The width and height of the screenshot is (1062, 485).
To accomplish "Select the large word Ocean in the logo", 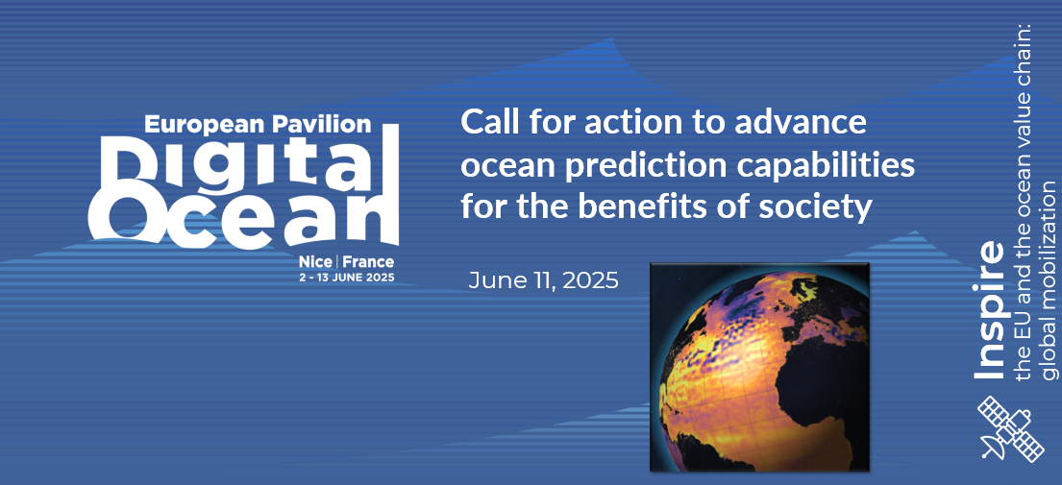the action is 244,216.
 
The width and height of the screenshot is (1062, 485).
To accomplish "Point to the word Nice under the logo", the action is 318,262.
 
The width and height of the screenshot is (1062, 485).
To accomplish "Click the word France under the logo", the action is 368,262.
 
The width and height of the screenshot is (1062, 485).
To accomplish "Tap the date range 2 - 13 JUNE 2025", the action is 346,278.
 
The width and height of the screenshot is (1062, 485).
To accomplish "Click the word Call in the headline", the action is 490,123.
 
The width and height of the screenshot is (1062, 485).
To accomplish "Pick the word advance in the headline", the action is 805,124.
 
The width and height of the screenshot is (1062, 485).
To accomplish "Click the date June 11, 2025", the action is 543,280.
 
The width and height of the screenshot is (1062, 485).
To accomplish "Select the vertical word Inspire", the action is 989,310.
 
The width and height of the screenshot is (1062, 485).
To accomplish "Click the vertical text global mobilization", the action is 1049,279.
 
